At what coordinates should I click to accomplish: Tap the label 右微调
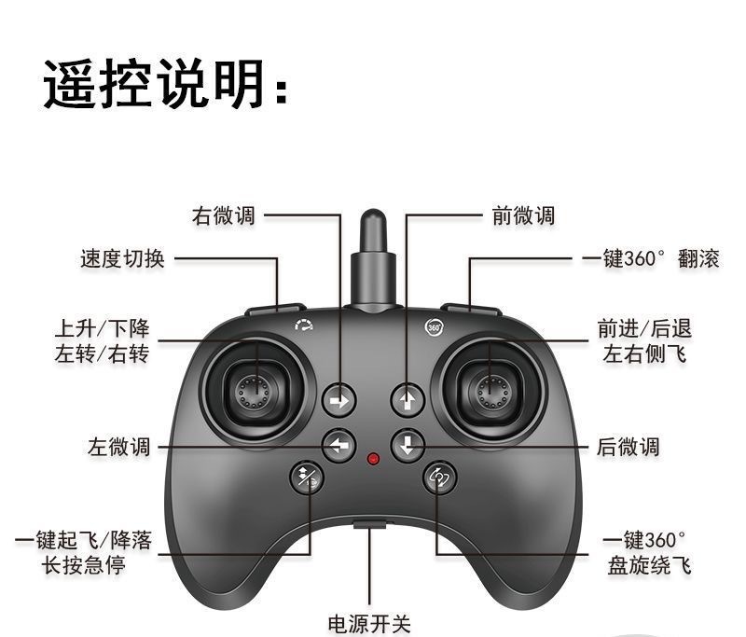pos(224,215)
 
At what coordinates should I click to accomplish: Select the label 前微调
pos(523,215)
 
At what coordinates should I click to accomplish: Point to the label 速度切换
pos(122,258)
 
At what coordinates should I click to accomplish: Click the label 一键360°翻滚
pos(651,258)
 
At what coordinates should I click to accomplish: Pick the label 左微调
pos(119,447)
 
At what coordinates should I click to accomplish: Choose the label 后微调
pos(629,447)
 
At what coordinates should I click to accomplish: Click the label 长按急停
pos(84,565)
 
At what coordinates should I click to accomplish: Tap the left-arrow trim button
pos(338,446)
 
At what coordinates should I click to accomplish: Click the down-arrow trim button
pos(408,444)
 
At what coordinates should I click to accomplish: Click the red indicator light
pos(373,460)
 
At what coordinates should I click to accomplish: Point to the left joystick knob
pos(255,391)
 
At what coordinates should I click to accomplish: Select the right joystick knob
pos(491,391)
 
